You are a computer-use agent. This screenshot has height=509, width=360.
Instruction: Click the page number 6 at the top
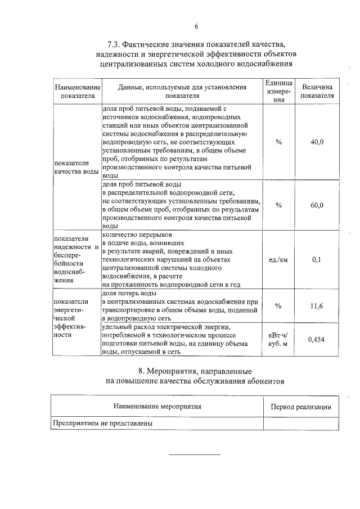196,26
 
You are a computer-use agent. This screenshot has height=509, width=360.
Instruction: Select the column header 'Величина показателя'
317,92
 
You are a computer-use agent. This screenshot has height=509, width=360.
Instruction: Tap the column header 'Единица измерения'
278,92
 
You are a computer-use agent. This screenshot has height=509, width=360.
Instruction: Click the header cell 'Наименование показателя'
77,92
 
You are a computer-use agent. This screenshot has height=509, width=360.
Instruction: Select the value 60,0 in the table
317,205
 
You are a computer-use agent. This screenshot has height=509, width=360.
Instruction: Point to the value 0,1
317,260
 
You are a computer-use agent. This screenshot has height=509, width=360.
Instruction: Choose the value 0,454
317,339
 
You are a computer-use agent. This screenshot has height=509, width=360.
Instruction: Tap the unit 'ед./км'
278,260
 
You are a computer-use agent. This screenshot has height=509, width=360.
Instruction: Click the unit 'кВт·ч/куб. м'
278,339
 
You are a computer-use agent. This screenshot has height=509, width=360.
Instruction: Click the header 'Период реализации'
300,407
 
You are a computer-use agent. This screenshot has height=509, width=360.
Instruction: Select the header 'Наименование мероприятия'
157,406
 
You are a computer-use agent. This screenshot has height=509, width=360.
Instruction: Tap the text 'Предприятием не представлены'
103,424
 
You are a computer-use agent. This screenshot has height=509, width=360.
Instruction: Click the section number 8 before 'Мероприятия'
141,371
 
